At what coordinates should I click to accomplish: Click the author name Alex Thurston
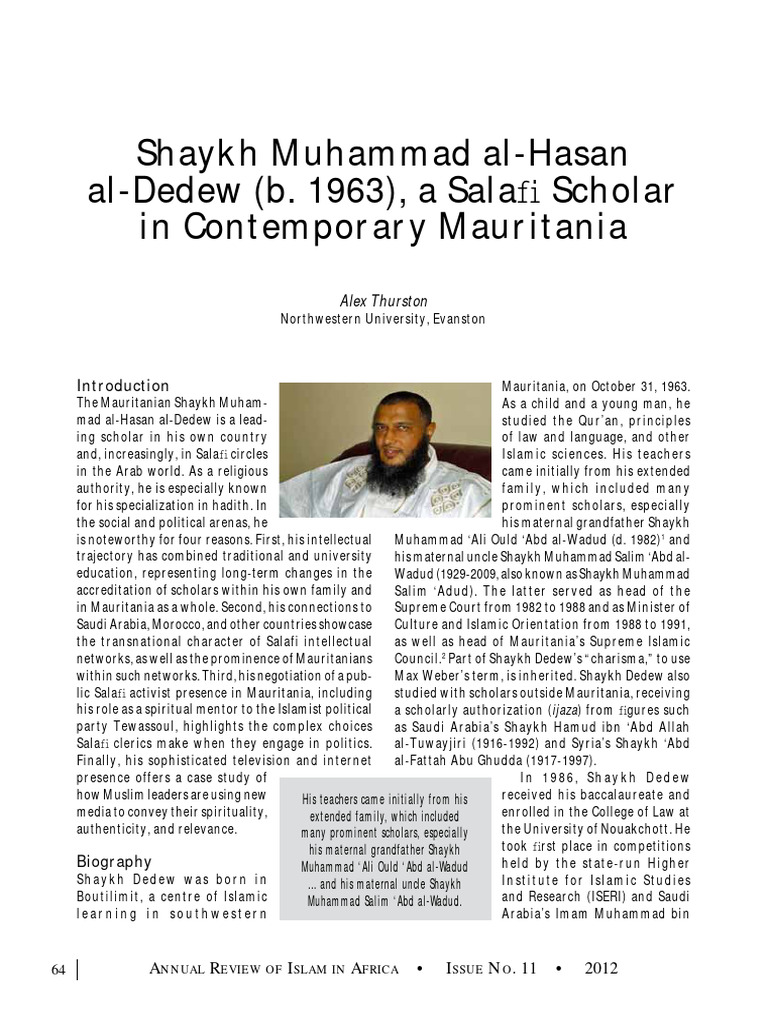pos(384,299)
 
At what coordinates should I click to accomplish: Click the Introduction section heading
pos(123,385)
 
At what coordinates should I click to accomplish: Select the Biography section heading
pos(114,860)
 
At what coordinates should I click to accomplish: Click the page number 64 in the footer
pos(58,968)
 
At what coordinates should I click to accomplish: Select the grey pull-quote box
pos(384,850)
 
